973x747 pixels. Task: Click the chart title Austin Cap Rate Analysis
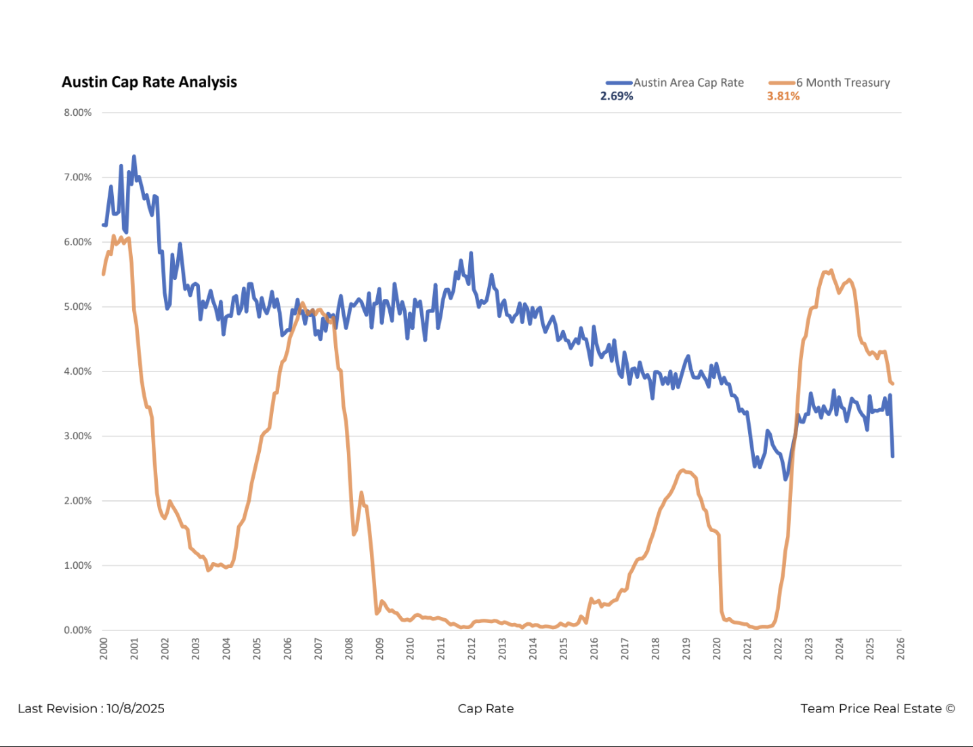pos(149,82)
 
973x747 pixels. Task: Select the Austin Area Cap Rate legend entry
pos(688,83)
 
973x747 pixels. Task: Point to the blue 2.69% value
pos(617,96)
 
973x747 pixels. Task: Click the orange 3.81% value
pos(783,96)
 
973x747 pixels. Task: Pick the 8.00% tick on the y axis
pos(78,113)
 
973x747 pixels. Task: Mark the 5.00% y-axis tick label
pos(78,306)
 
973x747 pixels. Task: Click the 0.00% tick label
pos(78,630)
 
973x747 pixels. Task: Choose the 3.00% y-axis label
pos(78,436)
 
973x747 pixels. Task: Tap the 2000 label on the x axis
pos(104,648)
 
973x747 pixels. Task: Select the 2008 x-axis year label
pos(349,648)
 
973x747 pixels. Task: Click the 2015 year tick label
pos(564,648)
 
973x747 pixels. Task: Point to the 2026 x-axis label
pos(900,648)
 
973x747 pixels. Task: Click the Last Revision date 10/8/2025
pos(136,708)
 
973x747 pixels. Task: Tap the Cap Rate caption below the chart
pos(486,708)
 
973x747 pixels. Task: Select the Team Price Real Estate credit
pos(877,708)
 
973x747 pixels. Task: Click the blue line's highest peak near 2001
pos(133,157)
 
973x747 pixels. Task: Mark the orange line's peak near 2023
pos(831,270)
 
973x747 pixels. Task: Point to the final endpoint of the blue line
pos(892,456)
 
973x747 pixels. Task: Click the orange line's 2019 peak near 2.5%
pos(682,470)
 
